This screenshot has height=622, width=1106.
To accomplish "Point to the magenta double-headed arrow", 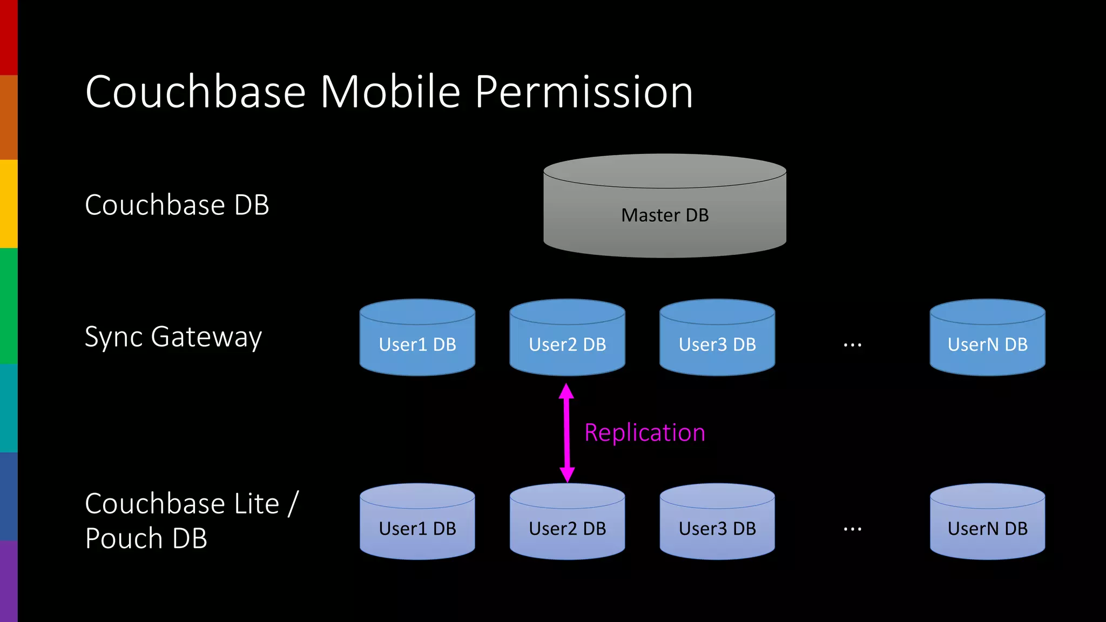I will click(567, 432).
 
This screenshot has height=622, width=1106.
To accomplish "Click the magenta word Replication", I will click(645, 433).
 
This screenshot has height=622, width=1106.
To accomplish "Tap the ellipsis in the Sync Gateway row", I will click(852, 344).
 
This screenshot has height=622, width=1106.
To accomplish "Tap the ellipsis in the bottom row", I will click(852, 529).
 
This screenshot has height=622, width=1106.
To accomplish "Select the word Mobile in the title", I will click(390, 92).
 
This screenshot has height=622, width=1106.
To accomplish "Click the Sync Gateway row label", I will click(173, 337).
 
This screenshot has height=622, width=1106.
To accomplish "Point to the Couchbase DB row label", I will click(177, 205).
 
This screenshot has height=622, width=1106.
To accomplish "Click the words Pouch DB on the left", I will click(146, 538).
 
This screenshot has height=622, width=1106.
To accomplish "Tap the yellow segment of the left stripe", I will click(9, 204).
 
